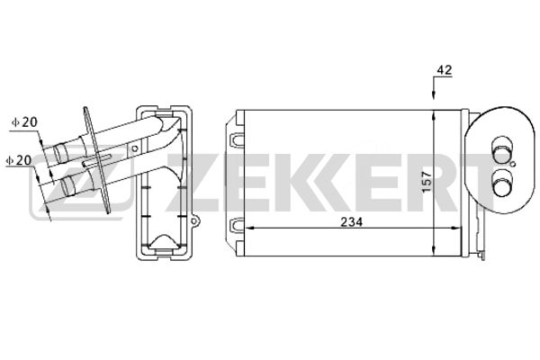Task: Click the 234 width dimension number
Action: [x=351, y=222]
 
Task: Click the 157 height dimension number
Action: [x=427, y=182]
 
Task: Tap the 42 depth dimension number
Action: [x=444, y=70]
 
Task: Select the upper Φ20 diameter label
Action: [x=24, y=122]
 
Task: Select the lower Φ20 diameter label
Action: [x=19, y=160]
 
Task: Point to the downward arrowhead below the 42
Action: [x=434, y=95]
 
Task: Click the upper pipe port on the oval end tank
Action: [x=500, y=149]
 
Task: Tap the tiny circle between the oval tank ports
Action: [x=513, y=164]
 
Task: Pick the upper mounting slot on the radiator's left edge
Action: [x=237, y=140]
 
